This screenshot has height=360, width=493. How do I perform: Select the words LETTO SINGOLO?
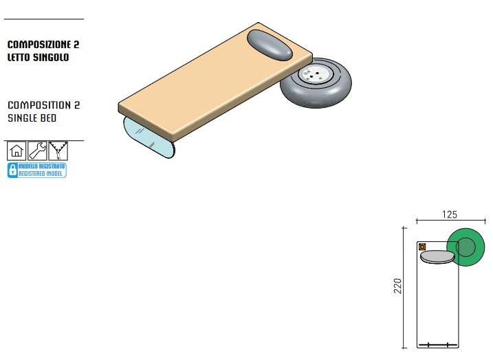click(x=38, y=57)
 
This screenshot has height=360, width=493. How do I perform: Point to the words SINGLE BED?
click(x=32, y=118)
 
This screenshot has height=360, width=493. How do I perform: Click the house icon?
click(x=17, y=151)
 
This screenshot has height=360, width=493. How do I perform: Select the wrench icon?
click(x=37, y=151)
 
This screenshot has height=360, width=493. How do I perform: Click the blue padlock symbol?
click(x=12, y=170)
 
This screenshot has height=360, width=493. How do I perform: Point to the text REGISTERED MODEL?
click(x=42, y=174)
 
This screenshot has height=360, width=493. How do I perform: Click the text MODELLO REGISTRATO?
click(x=42, y=167)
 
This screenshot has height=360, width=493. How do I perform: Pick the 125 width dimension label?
click(x=448, y=215)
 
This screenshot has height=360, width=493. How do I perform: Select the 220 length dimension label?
click(x=397, y=286)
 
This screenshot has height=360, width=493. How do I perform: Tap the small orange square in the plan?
click(x=422, y=247)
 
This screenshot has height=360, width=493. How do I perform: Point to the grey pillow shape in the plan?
click(x=437, y=257)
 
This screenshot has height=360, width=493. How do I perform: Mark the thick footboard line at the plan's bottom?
click(x=438, y=344)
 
